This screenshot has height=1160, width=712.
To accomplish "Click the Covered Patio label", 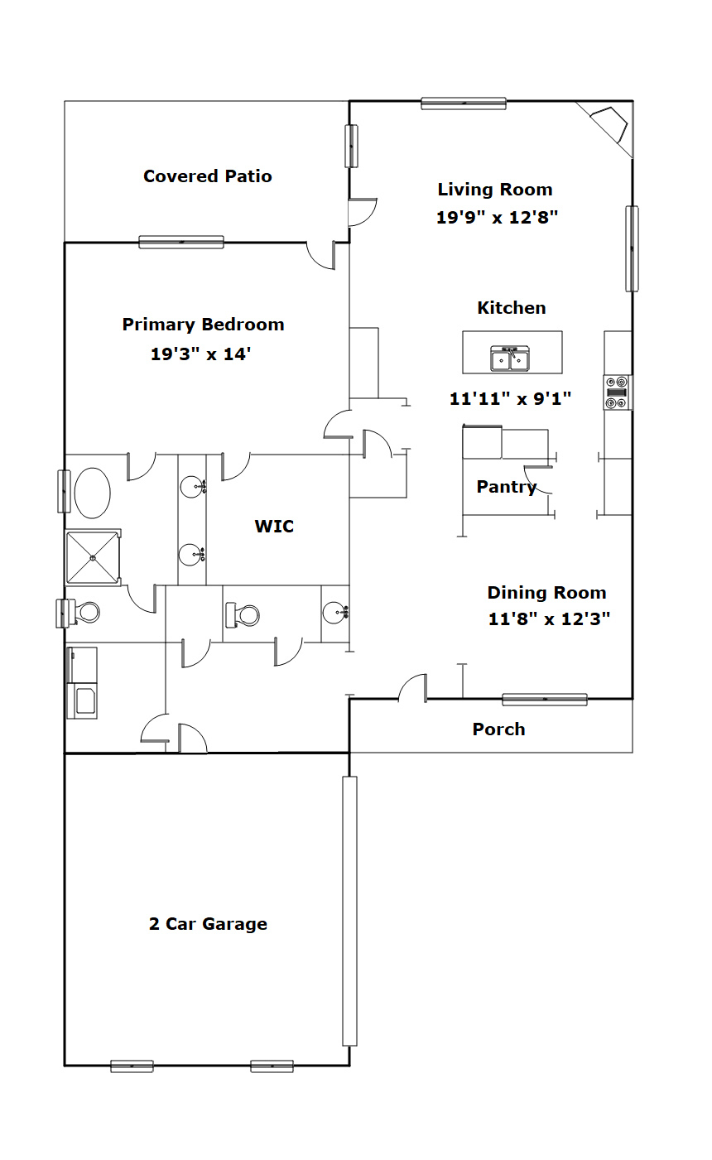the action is pos(208,176).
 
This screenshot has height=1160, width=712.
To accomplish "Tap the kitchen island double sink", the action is pos(510,359).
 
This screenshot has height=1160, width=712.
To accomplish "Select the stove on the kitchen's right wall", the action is pos(618,392).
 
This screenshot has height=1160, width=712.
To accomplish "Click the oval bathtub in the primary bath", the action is pos(92,493).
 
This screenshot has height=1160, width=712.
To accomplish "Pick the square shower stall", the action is pos(93,558).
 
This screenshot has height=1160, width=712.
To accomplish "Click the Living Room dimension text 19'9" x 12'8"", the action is pos(497,217).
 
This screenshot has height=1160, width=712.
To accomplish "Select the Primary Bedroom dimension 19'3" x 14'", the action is pos(201,354).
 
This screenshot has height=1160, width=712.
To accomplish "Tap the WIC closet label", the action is pos(274,527).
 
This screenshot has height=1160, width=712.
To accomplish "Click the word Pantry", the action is pos(507,487).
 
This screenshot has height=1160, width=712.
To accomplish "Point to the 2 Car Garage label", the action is pos(208,924).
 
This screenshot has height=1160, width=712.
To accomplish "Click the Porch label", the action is pos(498,729).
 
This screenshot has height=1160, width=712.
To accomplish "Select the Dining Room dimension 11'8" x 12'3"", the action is pos(550,619).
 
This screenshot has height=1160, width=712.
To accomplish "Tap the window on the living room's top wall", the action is pos(464,103).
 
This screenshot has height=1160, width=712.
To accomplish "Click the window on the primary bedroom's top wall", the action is pos(181,242).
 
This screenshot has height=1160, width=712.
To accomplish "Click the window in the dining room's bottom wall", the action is pos(545,699).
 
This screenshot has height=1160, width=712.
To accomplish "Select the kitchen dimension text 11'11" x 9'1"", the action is pos(511,399).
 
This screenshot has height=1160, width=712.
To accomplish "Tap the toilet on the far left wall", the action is pos(78,614).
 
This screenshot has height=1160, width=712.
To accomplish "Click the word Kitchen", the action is pos(512,308).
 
